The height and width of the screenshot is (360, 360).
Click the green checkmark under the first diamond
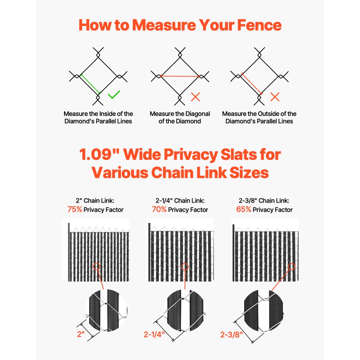pyautogui.click(x=114, y=95)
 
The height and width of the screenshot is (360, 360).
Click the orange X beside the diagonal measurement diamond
pyautogui.click(x=195, y=96)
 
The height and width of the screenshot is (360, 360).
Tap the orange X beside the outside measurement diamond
pyautogui.click(x=275, y=96)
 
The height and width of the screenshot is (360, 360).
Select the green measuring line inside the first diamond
pyautogui.click(x=90, y=84)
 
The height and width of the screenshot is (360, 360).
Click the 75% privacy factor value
pyautogui.click(x=75, y=210)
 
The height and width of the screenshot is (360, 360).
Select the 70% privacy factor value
pyautogui.click(x=159, y=210)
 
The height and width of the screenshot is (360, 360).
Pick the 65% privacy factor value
pyautogui.click(x=244, y=210)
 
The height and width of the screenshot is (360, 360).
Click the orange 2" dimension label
pyautogui.click(x=81, y=334)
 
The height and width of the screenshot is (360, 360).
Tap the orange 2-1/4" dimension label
pyautogui.click(x=154, y=334)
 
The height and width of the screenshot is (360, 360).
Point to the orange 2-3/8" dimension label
pyautogui.click(x=231, y=334)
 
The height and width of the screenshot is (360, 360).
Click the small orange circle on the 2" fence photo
pyautogui.click(x=96, y=267)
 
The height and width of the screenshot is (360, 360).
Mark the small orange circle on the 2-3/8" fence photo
pyautogui.click(x=292, y=267)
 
